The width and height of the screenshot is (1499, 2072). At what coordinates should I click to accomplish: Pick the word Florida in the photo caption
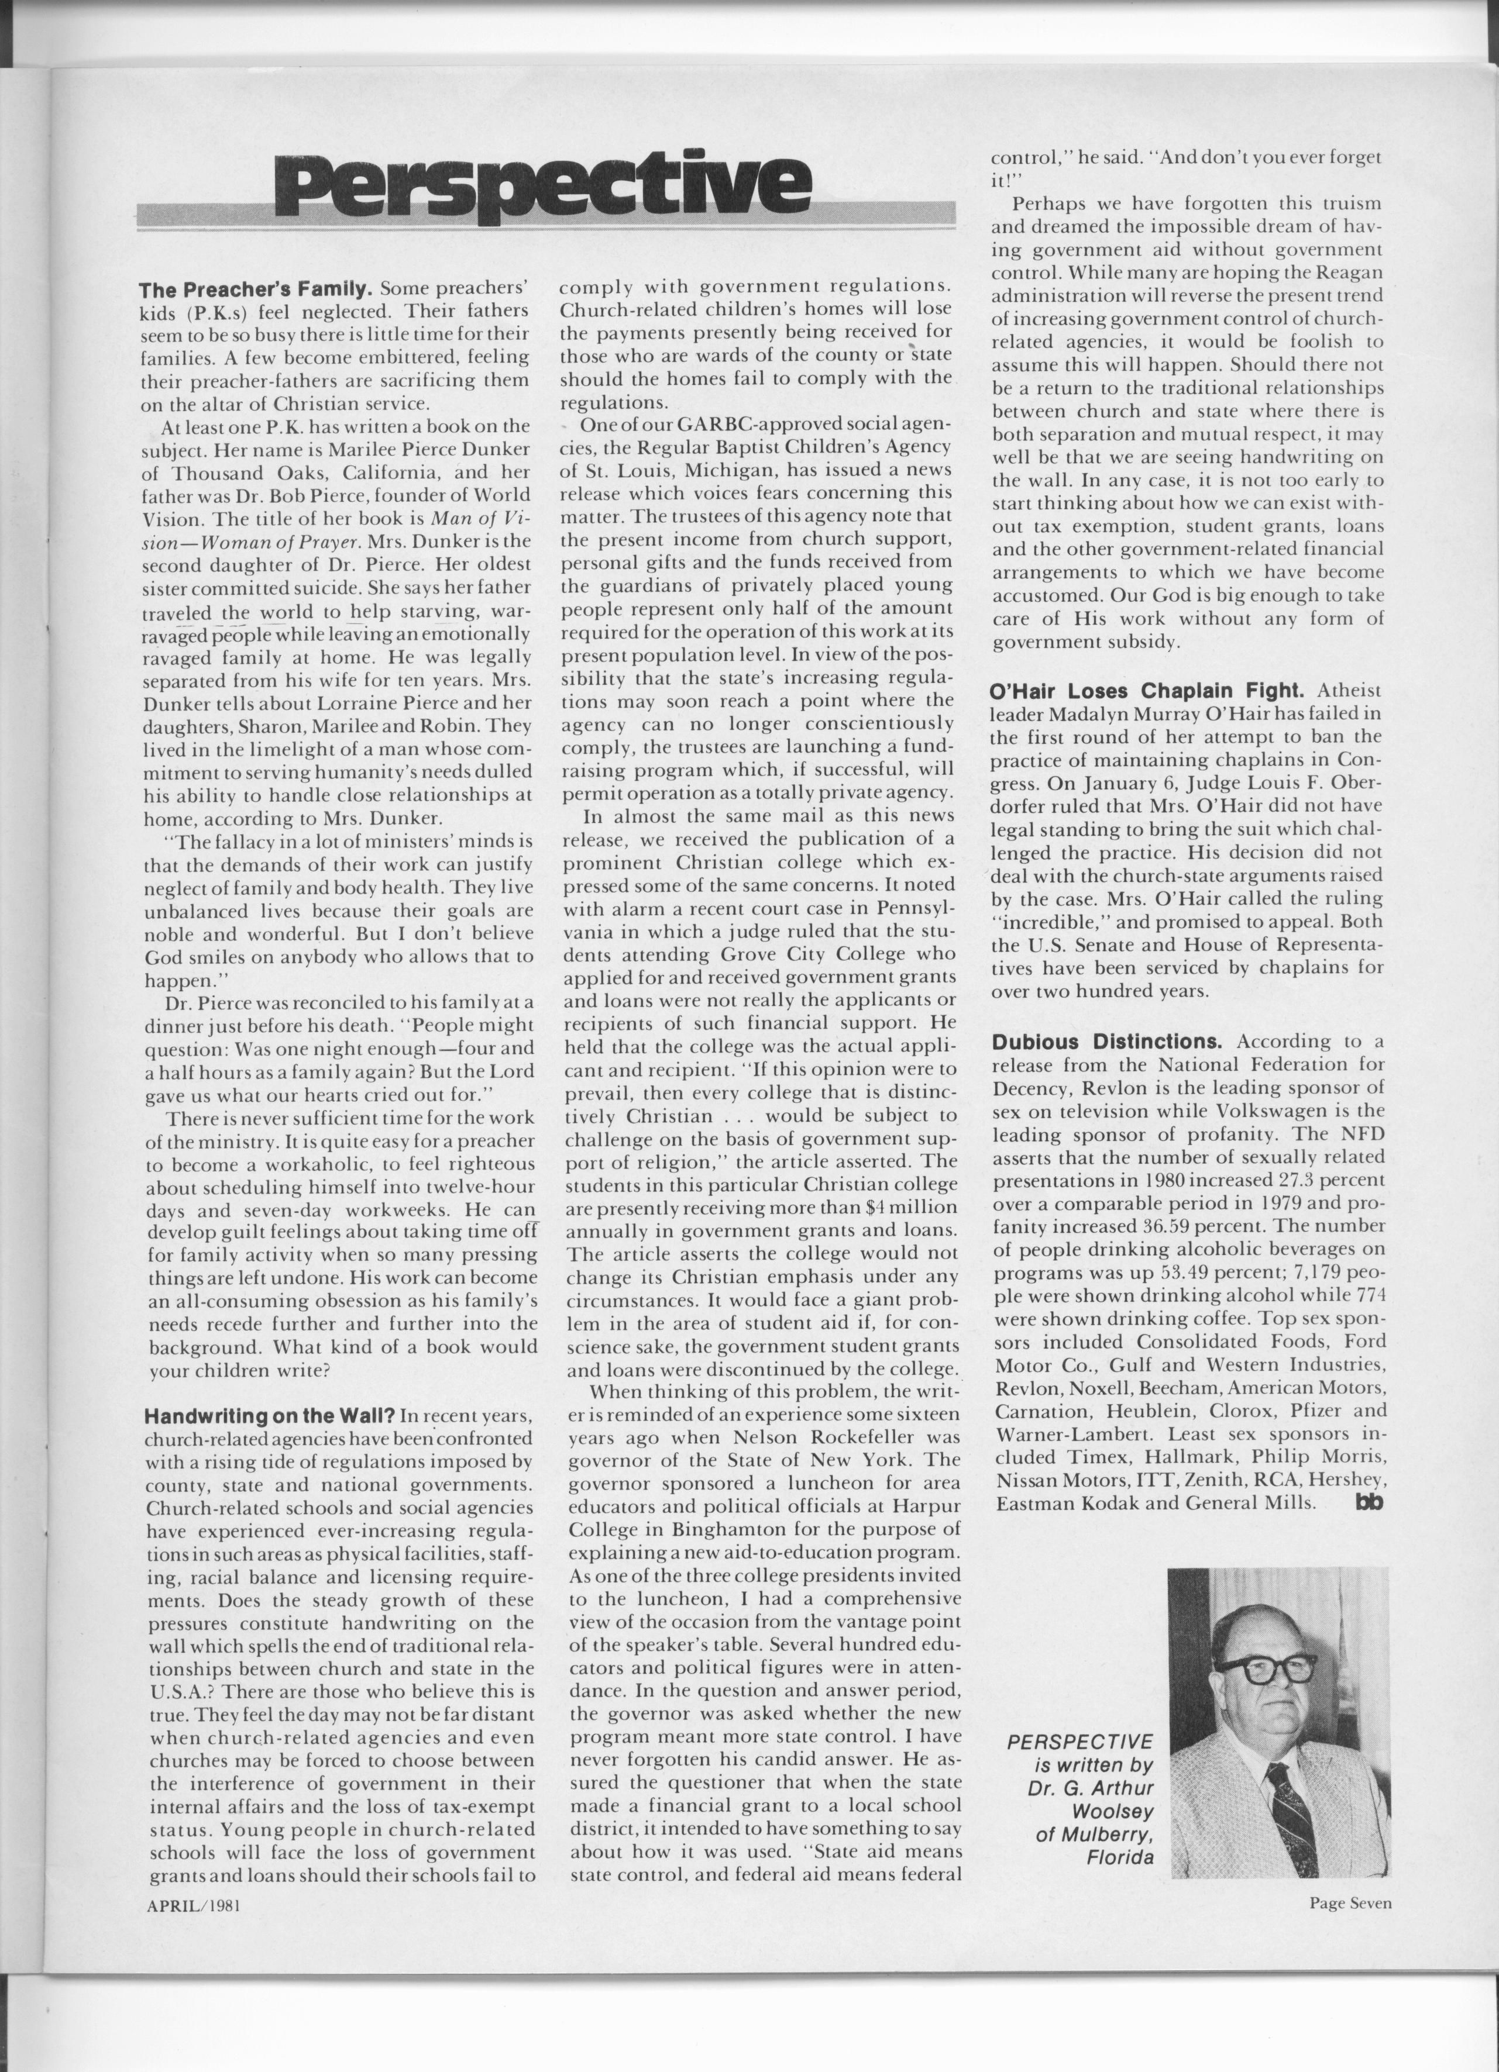point(1120,1857)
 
